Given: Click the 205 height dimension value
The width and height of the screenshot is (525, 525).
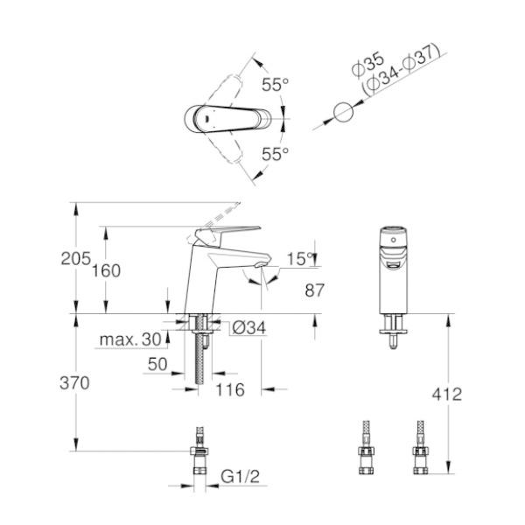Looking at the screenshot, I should [x=76, y=258].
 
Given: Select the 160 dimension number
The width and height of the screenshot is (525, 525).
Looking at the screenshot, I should [x=107, y=270].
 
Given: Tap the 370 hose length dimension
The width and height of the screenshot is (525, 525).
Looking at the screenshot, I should [x=76, y=382].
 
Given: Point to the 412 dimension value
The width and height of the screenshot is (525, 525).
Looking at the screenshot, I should [x=446, y=395].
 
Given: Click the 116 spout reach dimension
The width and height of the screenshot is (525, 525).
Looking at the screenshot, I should [x=230, y=390].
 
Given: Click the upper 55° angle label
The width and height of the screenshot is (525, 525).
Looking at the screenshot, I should [x=275, y=85].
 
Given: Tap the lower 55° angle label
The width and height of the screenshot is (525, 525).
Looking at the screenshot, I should [x=275, y=154].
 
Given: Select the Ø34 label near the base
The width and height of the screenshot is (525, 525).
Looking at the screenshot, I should [x=248, y=329].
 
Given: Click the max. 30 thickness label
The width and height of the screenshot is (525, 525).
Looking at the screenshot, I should [x=130, y=339].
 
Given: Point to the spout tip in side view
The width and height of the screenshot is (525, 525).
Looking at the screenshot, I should [x=260, y=263].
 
